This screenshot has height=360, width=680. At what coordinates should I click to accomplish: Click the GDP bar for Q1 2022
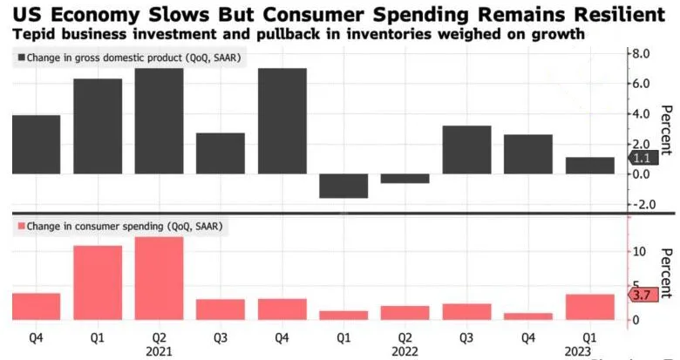(x=343, y=186)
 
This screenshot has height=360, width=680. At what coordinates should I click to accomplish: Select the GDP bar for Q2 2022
(x=405, y=179)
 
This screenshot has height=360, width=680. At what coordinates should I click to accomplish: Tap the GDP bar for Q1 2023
(x=590, y=166)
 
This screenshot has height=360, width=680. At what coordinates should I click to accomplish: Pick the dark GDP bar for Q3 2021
(x=220, y=153)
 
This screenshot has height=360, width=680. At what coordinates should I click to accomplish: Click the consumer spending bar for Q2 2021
(x=159, y=278)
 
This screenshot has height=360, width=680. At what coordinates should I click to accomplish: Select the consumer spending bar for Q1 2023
(x=590, y=307)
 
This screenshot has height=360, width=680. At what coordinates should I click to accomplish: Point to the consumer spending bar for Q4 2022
(x=528, y=316)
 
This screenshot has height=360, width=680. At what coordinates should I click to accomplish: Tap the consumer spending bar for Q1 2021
(x=97, y=282)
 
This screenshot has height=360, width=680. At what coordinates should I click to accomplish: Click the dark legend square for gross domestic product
(x=19, y=58)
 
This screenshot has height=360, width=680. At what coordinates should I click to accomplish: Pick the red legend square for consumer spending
(x=19, y=227)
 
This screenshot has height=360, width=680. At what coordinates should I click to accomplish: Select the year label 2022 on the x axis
(x=405, y=350)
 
